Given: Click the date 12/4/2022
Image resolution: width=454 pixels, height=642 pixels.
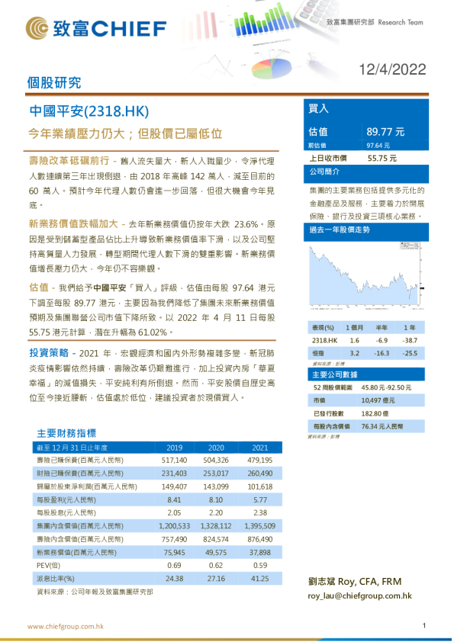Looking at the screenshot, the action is (x=392, y=69).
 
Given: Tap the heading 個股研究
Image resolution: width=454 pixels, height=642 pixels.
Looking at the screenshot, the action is (x=54, y=83).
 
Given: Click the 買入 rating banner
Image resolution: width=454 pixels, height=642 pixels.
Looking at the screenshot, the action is (x=319, y=108).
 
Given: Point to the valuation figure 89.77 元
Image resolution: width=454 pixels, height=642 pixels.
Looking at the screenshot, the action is (x=386, y=131).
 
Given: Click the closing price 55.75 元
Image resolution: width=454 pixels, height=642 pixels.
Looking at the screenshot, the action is (x=382, y=158).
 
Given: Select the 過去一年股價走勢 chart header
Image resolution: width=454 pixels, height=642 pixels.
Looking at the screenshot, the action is (x=340, y=230).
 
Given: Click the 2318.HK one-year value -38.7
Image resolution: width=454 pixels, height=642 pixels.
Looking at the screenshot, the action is (x=411, y=340).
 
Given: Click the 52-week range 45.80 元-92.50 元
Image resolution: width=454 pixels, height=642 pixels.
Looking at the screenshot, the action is (x=389, y=387).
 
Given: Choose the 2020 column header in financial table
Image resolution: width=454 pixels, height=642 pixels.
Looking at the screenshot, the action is (x=216, y=448).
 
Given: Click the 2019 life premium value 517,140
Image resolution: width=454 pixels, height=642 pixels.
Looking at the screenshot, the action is (x=174, y=461).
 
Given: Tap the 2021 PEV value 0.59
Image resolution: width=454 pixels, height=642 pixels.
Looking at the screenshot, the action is (x=260, y=565).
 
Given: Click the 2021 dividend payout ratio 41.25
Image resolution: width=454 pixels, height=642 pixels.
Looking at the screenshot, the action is (x=260, y=578).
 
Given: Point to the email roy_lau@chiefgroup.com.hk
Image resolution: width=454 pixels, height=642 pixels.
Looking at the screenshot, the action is (x=359, y=595).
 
